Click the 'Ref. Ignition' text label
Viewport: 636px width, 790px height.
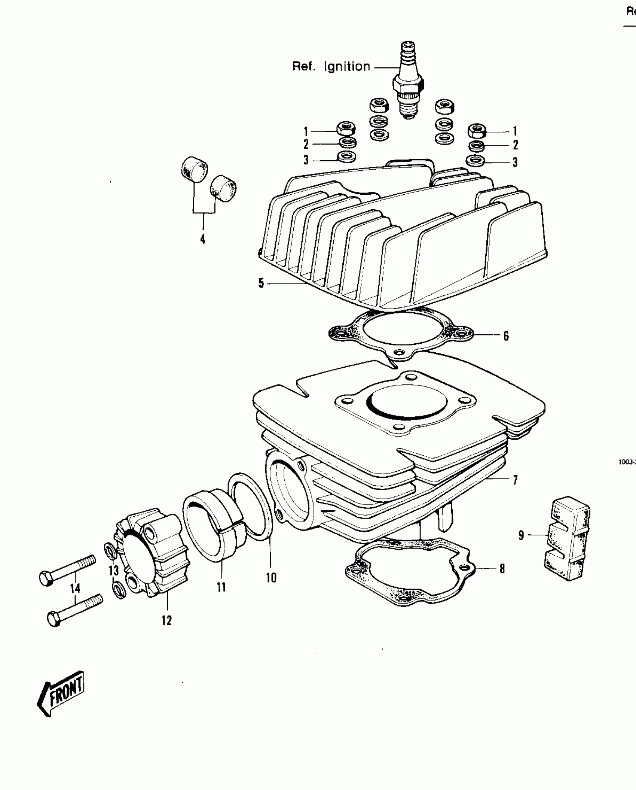(331, 67)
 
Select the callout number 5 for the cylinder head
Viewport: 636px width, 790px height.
(261, 283)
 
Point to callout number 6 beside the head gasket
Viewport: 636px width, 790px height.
(506, 336)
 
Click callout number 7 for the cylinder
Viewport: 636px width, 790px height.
(515, 480)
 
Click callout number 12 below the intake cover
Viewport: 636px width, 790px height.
(166, 620)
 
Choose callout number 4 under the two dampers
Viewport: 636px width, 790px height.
(203, 239)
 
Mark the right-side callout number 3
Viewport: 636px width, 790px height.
(515, 162)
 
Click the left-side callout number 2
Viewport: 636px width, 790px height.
(306, 144)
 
